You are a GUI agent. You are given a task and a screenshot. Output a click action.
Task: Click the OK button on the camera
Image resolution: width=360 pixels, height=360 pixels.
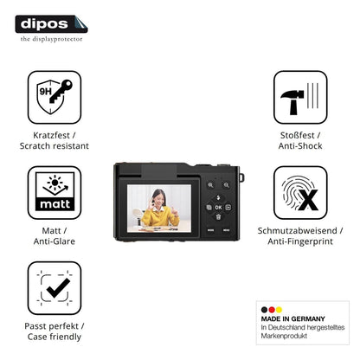(x=218, y=208)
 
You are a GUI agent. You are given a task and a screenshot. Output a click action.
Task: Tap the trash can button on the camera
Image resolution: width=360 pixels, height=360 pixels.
(x=218, y=217)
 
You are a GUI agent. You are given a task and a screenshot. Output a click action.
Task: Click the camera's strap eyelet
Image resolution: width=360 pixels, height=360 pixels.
(x=241, y=177)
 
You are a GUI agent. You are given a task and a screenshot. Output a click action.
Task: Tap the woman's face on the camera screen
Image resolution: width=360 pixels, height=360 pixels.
(x=157, y=198)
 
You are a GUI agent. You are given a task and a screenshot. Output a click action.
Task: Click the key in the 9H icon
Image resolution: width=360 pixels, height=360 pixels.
(x=61, y=91)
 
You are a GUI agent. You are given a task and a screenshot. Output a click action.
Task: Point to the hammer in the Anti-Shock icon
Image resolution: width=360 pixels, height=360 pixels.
(x=292, y=102)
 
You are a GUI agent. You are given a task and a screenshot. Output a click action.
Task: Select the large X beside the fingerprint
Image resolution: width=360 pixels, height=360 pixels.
(x=308, y=200)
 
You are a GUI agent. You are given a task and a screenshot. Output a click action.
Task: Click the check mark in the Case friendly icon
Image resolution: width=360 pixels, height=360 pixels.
(x=58, y=288)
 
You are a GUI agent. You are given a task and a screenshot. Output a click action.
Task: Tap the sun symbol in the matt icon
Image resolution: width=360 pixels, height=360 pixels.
(x=55, y=183)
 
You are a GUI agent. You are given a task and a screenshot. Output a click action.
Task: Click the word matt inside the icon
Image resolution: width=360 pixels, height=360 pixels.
(x=55, y=204)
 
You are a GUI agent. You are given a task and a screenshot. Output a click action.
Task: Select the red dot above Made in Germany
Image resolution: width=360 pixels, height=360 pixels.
(x=272, y=310)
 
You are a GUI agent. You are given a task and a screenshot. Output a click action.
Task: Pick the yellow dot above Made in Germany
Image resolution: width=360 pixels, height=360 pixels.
(x=279, y=310)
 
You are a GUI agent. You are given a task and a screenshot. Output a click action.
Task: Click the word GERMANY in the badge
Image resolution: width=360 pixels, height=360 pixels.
(x=308, y=318)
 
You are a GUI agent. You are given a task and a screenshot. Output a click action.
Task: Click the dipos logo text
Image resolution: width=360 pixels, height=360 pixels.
(x=44, y=24)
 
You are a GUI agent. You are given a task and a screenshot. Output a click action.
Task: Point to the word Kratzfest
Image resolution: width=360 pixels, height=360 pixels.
(x=51, y=135)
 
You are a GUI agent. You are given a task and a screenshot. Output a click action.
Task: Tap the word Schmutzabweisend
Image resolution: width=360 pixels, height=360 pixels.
(x=297, y=230)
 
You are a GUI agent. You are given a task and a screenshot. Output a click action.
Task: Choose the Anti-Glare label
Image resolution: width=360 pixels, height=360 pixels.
(x=55, y=241)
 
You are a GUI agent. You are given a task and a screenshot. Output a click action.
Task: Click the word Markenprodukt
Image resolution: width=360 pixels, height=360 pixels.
(x=284, y=336)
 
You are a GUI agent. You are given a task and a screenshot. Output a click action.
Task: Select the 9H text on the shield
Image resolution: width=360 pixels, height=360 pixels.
(x=45, y=92)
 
